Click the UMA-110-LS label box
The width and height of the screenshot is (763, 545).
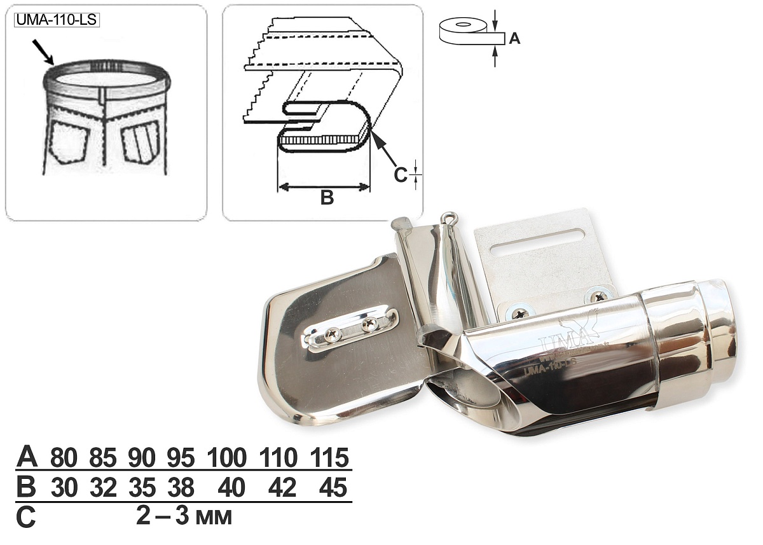[x=57, y=20]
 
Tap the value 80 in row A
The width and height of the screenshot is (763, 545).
[x=64, y=457]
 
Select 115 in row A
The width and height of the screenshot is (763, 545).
[x=330, y=457]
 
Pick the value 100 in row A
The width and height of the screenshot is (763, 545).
[x=227, y=457]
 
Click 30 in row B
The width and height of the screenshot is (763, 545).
[x=64, y=488]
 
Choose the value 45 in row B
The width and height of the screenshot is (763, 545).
[x=333, y=488]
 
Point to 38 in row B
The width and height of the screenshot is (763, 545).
[x=181, y=488]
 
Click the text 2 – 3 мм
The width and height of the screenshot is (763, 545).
[x=184, y=517]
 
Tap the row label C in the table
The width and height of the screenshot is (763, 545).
[x=26, y=518]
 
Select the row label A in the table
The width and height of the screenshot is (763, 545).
[x=27, y=457]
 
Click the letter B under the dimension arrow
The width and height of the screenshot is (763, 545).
[x=327, y=197]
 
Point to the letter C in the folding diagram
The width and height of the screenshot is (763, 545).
[x=400, y=175]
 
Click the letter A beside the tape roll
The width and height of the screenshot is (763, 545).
[x=514, y=38]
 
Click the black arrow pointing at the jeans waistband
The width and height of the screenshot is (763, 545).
[x=43, y=52]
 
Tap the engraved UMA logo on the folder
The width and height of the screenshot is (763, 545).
[x=568, y=333]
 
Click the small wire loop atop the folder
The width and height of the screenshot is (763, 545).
[x=448, y=217]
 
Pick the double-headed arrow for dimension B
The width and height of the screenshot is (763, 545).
[x=324, y=186]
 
